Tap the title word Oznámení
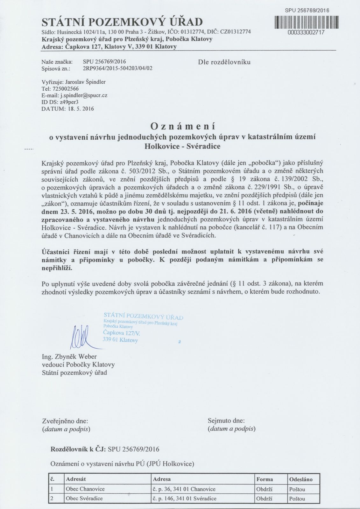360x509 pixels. [x=183, y=126]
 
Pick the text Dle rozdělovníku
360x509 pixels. [x=224, y=62]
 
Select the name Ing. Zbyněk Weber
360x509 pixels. [x=69, y=357]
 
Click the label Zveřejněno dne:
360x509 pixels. [x=65, y=421]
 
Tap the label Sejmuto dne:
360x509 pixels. [x=226, y=421]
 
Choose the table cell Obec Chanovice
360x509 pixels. [x=85, y=489]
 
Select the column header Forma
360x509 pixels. [x=265, y=479]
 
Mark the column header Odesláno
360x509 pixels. [x=301, y=479]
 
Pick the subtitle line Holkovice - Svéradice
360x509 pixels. [x=182, y=147]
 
